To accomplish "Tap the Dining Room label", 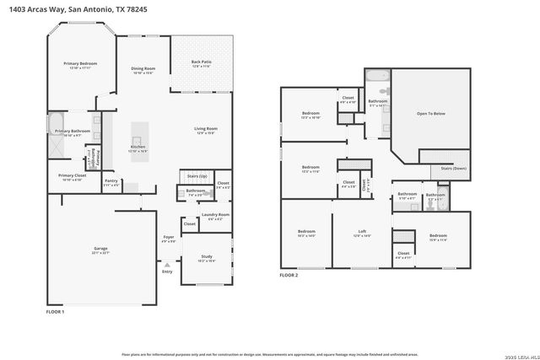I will pyautogui.click(x=143, y=70).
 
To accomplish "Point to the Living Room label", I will pyautogui.click(x=207, y=130).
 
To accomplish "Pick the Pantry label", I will pyautogui.click(x=111, y=181).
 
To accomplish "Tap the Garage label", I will pyautogui.click(x=100, y=250).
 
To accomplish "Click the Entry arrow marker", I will pyautogui.click(x=167, y=265).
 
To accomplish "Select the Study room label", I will pyautogui.click(x=207, y=258).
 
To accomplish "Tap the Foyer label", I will pyautogui.click(x=169, y=239).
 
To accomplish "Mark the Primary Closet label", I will pyautogui.click(x=71, y=177).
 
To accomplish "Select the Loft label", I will pyautogui.click(x=362, y=233).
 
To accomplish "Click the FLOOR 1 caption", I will pyautogui.click(x=55, y=312).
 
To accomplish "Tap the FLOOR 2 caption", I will pyautogui.click(x=289, y=275).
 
